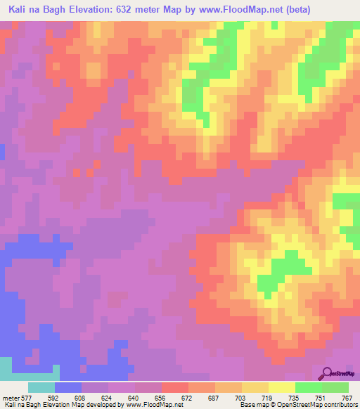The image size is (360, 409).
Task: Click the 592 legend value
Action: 53,397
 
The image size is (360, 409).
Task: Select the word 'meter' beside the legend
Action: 10,397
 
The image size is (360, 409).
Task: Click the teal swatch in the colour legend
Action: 41,387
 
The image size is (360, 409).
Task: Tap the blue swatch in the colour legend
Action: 68,387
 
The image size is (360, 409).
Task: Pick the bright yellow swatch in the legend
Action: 282,387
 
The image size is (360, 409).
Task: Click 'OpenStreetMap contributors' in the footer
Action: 324,405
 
